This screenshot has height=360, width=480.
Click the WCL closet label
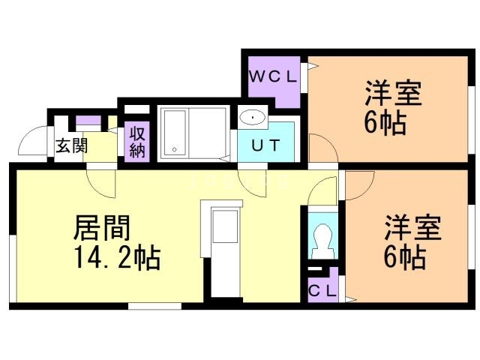274,76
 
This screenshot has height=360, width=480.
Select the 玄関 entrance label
70,145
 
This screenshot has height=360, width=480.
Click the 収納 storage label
136,141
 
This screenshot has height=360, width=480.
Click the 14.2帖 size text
115,259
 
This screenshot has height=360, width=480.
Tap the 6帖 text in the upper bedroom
385,123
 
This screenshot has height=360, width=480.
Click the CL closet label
322,289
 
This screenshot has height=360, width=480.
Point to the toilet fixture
323,241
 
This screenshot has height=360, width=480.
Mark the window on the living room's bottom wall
154,306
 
